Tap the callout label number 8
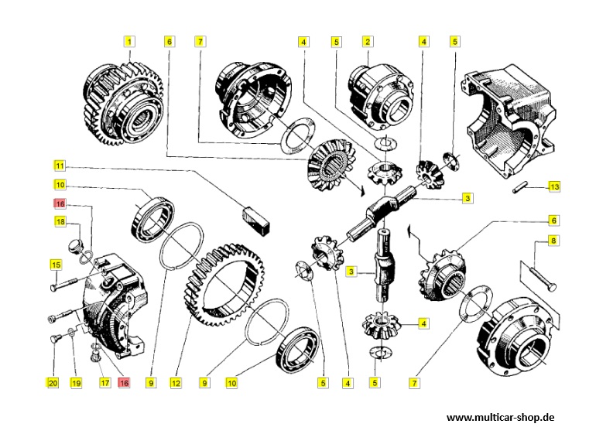click(553, 241)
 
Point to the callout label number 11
click(60, 166)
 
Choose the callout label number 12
click(176, 382)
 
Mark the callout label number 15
click(56, 265)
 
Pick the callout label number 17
click(103, 382)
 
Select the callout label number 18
click(60, 223)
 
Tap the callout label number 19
click(76, 382)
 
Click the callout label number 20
click(53, 382)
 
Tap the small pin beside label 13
click(520, 188)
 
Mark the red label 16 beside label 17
click(123, 382)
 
